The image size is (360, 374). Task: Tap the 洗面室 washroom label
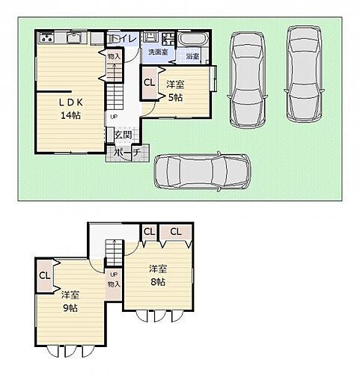coord(158,53)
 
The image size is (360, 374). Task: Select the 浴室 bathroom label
coord(192,56)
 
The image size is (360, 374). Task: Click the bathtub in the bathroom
coord(194,39)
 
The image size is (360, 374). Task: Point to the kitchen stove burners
coord(46,37)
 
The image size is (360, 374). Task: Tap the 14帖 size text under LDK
coord(70,116)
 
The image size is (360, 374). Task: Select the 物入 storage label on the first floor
coord(114,57)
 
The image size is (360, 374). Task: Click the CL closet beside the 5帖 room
coord(149,84)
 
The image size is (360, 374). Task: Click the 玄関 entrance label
coord(123,135)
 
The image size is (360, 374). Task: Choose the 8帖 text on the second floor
coord(157,282)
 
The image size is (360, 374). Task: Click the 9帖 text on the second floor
coord(70,308)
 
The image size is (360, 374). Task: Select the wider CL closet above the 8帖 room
coord(176,233)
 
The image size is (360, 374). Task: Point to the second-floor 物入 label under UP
coord(114,285)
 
